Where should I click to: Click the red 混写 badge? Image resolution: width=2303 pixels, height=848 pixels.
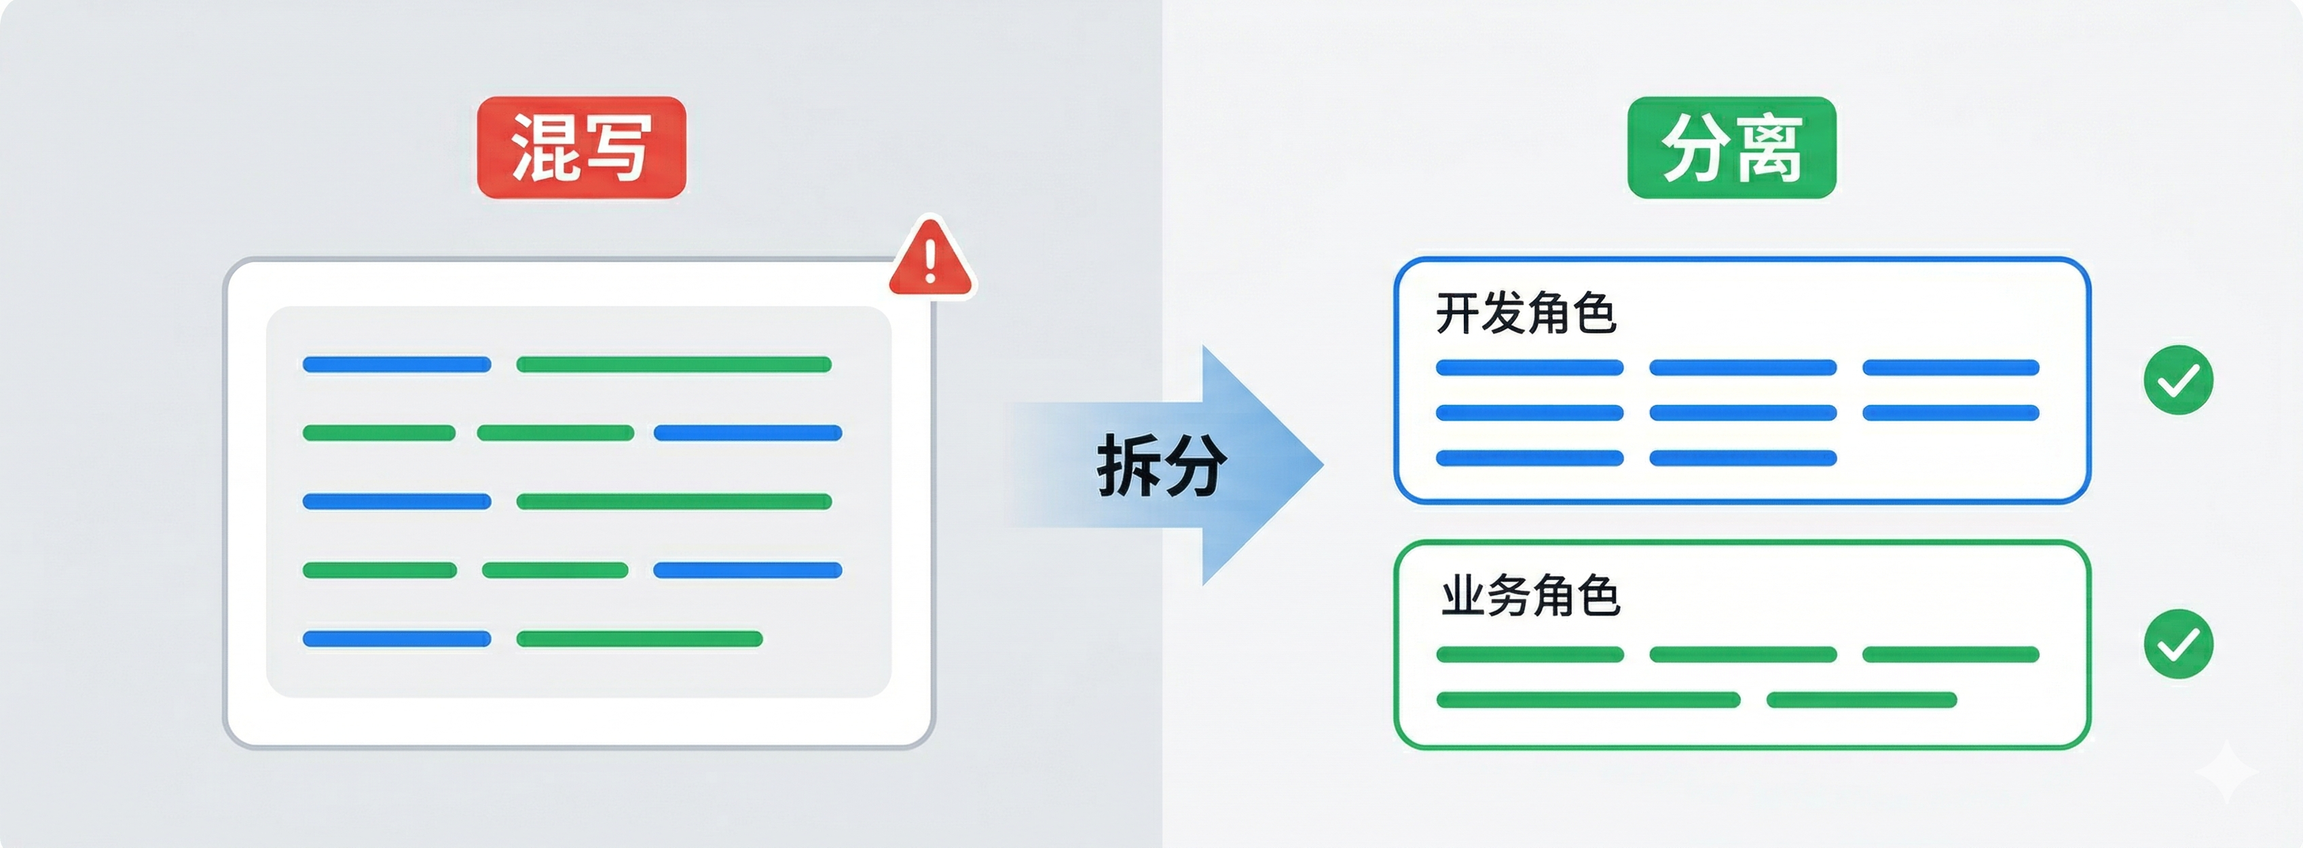point(581,147)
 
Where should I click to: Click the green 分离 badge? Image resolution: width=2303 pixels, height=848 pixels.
point(1732,147)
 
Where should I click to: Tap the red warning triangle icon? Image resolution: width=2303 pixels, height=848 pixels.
point(929,260)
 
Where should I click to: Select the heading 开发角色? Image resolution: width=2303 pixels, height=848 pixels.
point(1525,313)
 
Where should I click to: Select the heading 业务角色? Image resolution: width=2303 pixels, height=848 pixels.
point(1530,596)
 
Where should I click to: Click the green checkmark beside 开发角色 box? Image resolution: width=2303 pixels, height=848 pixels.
point(2178,380)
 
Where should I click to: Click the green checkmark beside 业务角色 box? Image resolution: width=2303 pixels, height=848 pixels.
point(2178,644)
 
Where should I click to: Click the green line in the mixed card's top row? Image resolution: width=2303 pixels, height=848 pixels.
point(674,364)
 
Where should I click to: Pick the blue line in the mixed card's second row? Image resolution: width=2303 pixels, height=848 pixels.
point(748,433)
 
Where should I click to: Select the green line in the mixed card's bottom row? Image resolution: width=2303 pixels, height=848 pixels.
point(639,639)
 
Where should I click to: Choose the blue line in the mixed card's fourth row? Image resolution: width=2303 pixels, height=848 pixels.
point(748,570)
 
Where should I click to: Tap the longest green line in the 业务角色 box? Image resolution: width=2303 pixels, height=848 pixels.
point(1588,699)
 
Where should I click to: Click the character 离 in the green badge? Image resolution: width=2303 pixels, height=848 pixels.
point(1769,147)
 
